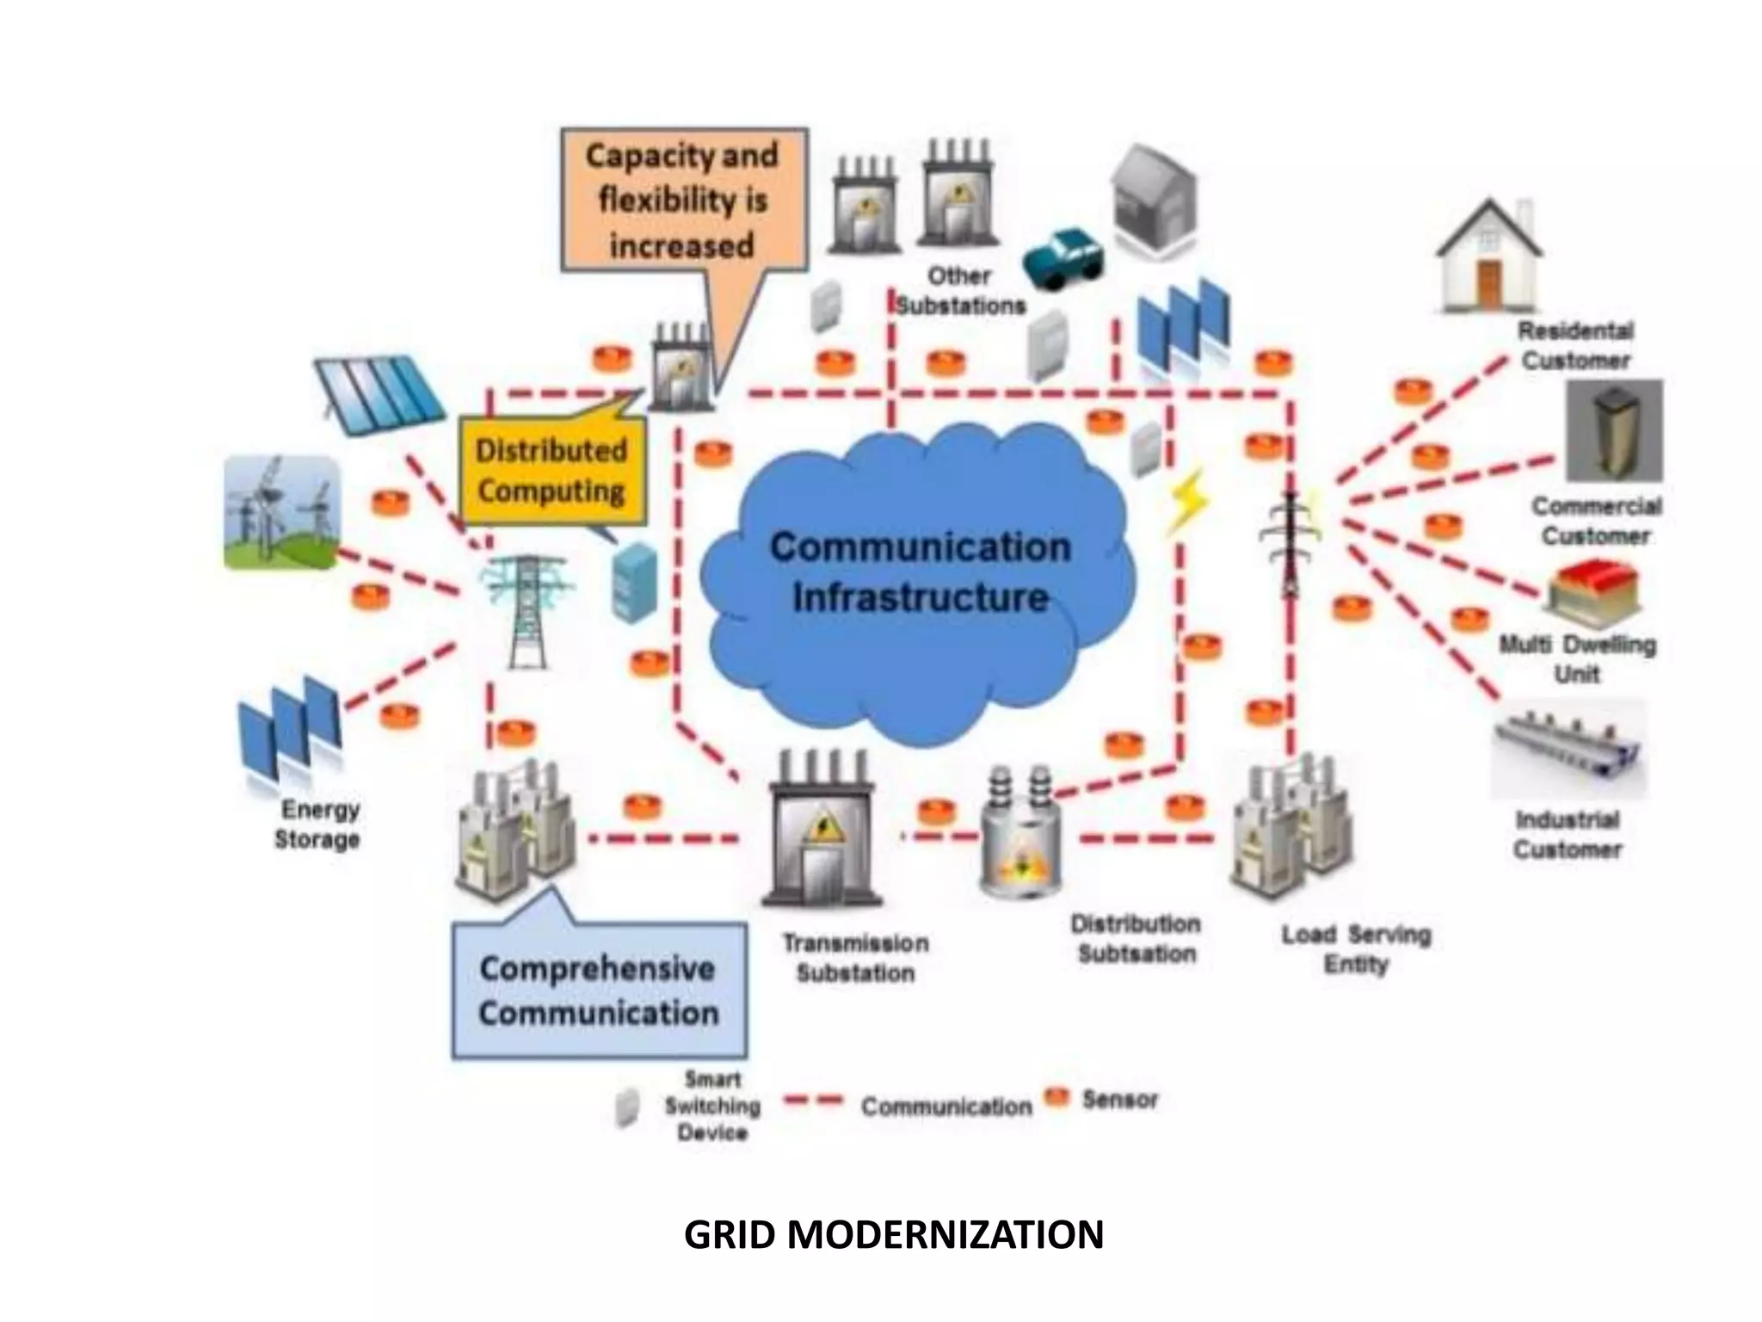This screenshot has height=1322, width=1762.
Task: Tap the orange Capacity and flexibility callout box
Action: coord(684,200)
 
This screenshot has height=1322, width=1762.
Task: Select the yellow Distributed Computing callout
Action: coord(551,471)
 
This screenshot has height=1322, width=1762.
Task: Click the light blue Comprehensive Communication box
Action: coord(599,991)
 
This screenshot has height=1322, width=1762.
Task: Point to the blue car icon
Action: coord(1063,256)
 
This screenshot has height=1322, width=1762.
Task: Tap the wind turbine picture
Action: coord(281,512)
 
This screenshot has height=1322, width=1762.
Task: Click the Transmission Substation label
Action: coord(855,958)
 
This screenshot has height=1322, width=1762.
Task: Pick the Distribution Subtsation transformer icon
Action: coord(1021,835)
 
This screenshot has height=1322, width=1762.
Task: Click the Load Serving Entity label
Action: coord(1356,948)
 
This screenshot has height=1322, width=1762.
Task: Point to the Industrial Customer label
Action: coord(1567,834)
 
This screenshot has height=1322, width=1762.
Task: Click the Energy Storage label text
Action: coord(317,824)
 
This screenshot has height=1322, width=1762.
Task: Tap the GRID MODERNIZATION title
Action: coord(893,1234)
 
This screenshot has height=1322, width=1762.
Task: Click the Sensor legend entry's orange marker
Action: coord(1057,1097)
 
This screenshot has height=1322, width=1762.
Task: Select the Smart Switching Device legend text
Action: coord(712,1106)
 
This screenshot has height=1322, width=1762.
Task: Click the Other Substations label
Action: coord(960,291)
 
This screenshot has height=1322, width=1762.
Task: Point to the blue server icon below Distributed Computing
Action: coord(634,582)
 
